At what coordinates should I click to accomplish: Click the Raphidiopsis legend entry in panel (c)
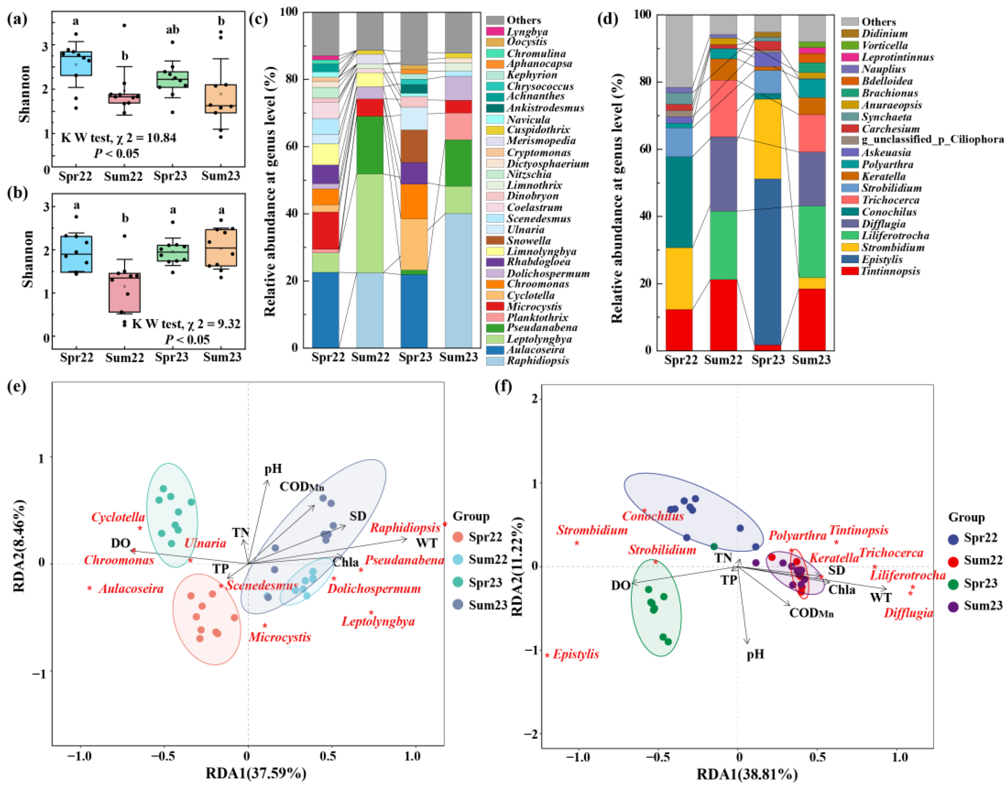(x=538, y=361)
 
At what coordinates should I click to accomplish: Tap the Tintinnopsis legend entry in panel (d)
(x=890, y=271)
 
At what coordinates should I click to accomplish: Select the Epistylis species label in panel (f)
(x=576, y=654)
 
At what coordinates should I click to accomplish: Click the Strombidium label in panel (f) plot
(x=592, y=530)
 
